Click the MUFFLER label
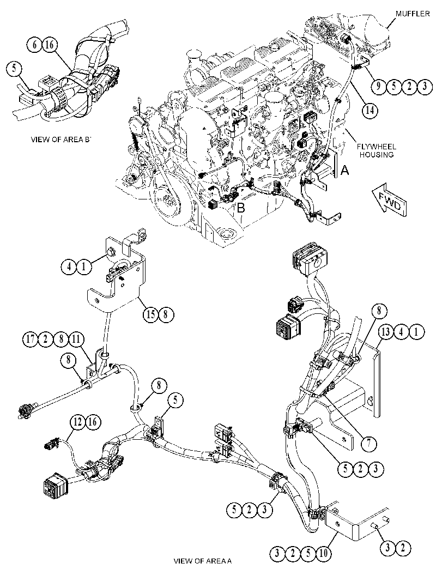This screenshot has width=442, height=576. [412, 14]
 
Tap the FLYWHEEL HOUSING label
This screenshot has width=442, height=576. [377, 150]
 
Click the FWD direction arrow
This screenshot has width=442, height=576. [389, 200]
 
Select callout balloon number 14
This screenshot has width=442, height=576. [371, 110]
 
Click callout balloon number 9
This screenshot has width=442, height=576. [378, 86]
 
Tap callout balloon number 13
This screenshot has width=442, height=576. [386, 332]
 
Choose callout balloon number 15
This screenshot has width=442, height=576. [150, 315]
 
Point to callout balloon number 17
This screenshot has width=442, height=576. [32, 339]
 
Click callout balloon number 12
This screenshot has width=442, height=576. [77, 422]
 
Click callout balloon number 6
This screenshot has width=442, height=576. [34, 45]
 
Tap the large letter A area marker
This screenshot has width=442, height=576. [344, 170]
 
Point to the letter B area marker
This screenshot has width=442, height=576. [241, 208]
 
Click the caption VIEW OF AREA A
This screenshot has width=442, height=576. [202, 561]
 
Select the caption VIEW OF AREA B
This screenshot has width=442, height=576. [60, 140]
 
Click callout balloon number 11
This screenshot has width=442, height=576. [76, 339]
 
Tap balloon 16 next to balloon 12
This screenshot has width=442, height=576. [93, 422]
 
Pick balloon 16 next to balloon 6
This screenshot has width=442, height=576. [50, 45]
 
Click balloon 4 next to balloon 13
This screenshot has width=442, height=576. [401, 332]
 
